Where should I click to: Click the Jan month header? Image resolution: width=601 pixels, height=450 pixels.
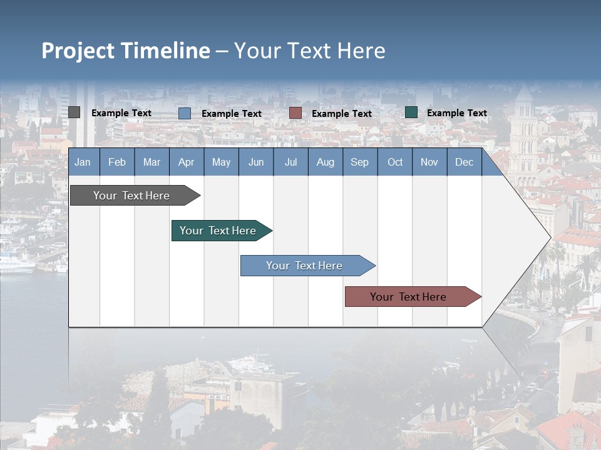(83, 162)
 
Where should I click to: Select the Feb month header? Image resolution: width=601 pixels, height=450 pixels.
(117, 162)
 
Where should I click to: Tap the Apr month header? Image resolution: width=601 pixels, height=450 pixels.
(186, 162)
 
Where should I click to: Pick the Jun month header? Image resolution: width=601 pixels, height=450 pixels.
(256, 162)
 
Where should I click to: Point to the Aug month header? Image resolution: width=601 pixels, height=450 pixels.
(325, 162)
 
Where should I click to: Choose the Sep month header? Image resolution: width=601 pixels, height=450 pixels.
(359, 162)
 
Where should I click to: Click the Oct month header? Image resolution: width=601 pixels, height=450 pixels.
(395, 162)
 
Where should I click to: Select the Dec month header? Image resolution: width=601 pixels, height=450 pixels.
(464, 162)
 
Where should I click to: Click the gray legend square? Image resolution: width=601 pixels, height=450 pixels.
(74, 112)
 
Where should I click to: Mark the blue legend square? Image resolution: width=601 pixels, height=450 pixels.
(185, 113)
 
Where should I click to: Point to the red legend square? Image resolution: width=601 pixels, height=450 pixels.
(295, 113)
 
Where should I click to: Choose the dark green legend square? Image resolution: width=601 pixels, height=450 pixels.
(411, 112)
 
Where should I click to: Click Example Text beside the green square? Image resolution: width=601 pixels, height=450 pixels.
(456, 113)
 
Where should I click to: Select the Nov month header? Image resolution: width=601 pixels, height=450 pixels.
(429, 162)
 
